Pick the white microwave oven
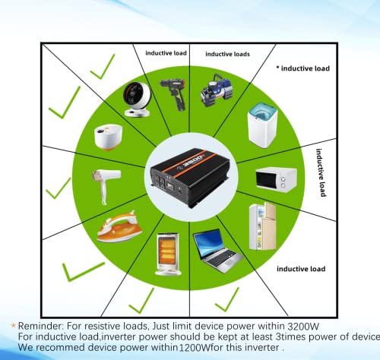coord(275,178)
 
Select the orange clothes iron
coord(122,227)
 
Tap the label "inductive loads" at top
coord(227,55)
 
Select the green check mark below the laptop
coord(225,299)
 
